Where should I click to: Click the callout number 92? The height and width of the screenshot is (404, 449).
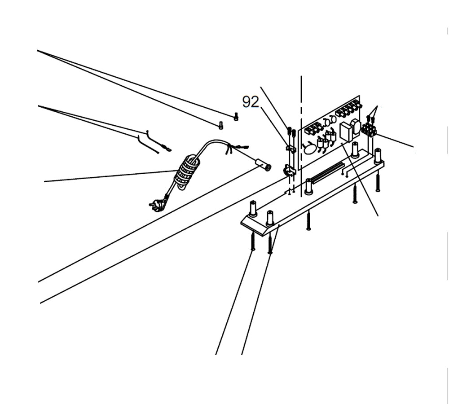(251, 102)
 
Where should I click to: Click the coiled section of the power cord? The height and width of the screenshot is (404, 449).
(185, 172)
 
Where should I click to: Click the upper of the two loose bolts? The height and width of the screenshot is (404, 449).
(236, 117)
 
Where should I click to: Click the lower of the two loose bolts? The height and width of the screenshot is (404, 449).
(220, 126)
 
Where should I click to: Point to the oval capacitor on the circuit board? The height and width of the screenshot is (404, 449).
(309, 148)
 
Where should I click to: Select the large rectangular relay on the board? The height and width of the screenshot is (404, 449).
(346, 132)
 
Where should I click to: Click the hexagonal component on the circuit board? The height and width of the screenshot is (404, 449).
(356, 127)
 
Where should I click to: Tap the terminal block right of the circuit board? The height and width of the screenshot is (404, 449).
(369, 131)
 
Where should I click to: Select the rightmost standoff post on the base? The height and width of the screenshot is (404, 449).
(378, 155)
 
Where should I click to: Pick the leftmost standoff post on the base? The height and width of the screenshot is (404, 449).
(253, 209)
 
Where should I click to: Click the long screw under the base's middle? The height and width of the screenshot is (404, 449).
(308, 220)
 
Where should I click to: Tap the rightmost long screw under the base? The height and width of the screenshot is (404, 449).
(378, 182)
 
